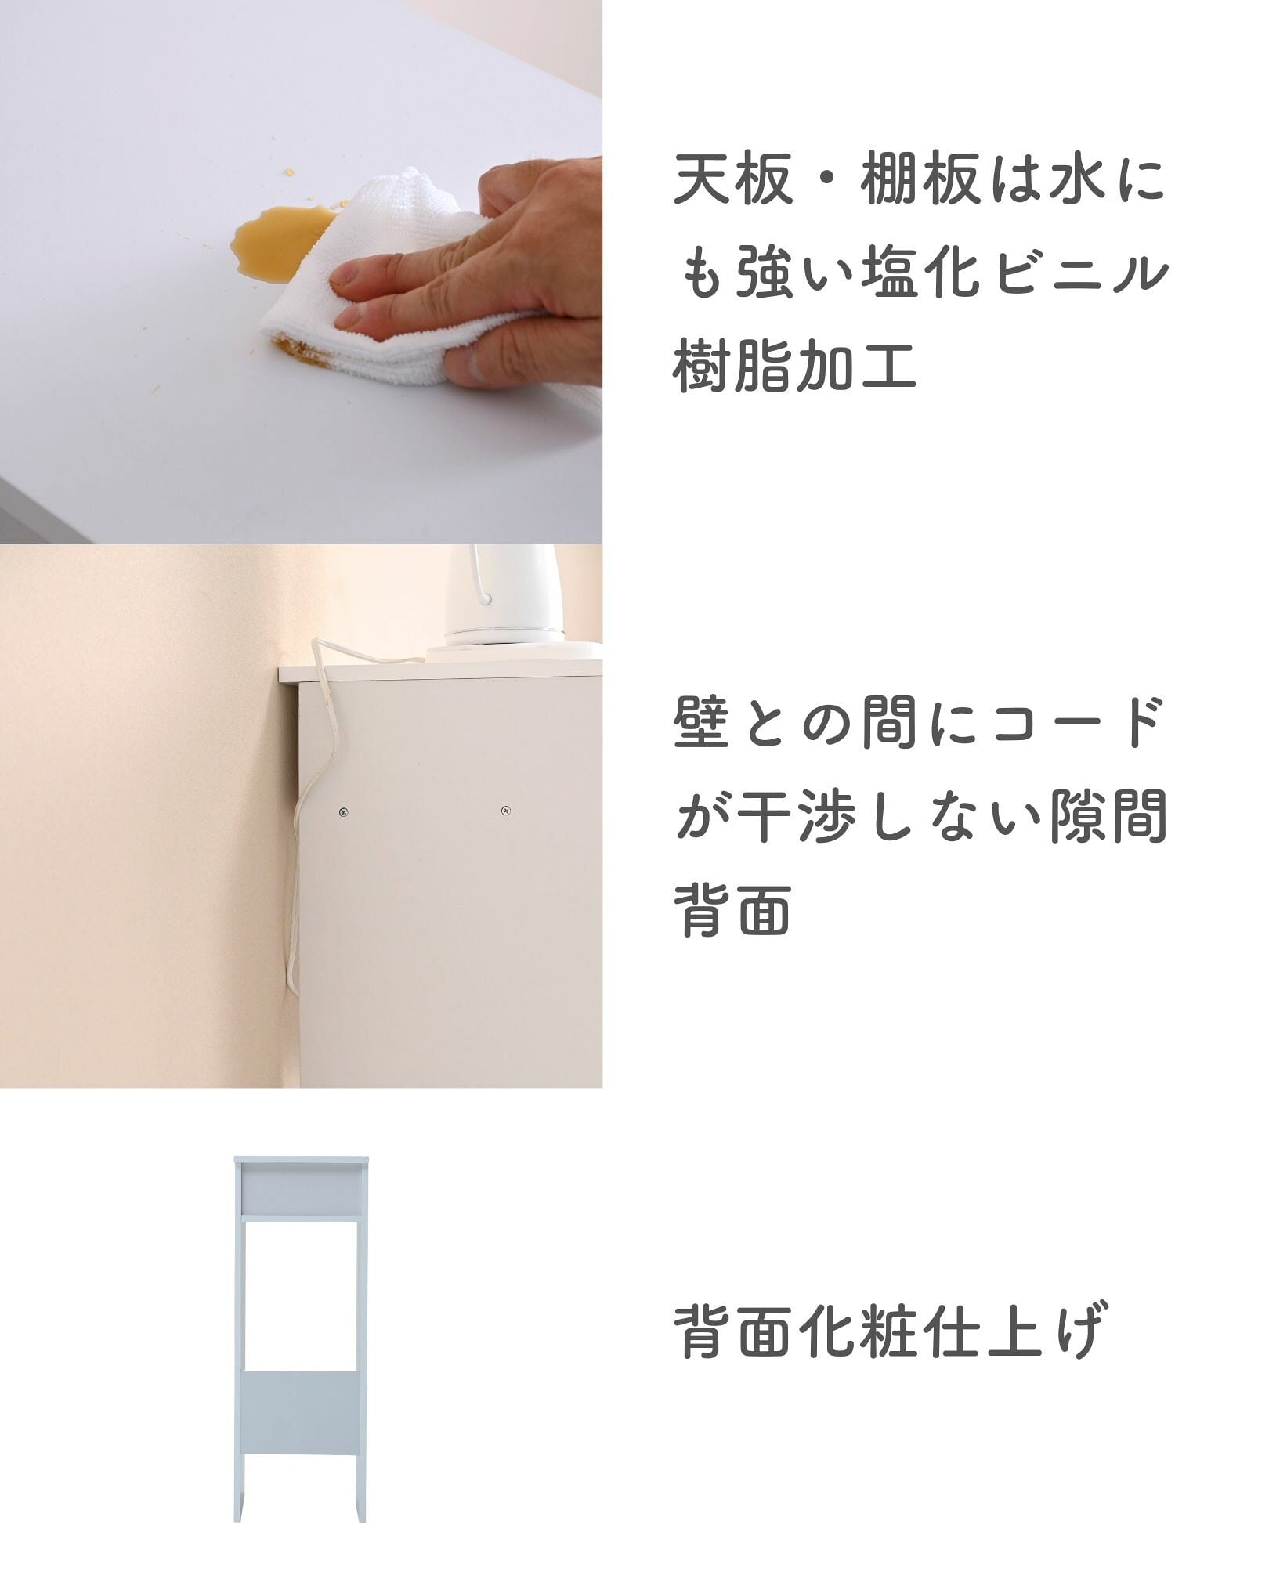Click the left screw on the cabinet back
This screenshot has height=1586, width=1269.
[x=343, y=812]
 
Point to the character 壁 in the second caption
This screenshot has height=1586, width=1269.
[x=702, y=723]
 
